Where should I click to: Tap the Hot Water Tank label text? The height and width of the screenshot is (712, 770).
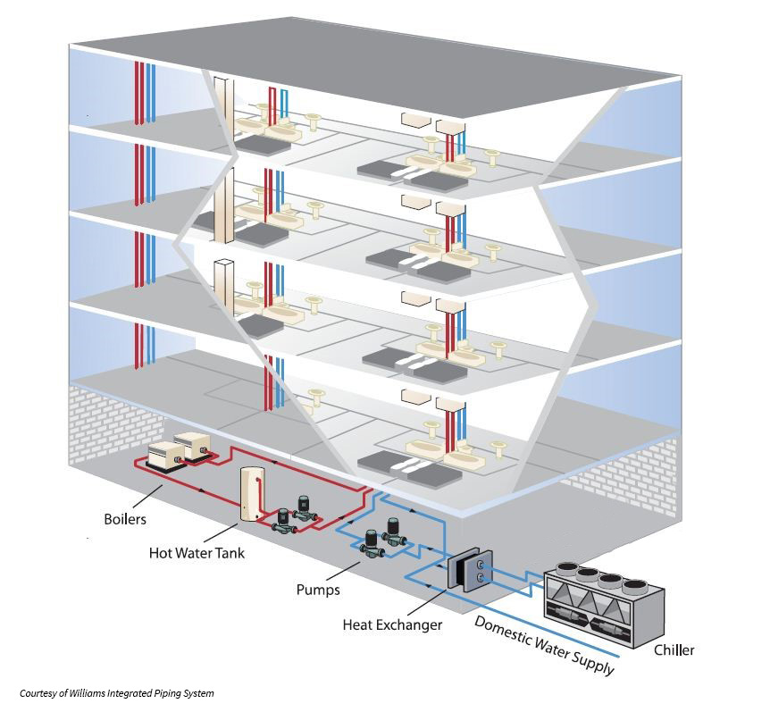point(197,553)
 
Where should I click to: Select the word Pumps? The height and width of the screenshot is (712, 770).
point(317,591)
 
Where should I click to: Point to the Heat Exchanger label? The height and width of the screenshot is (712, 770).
point(392,625)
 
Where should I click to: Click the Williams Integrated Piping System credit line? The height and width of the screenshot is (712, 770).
point(117,693)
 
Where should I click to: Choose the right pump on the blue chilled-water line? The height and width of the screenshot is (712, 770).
point(392,533)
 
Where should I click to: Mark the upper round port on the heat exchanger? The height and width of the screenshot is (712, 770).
point(481,564)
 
